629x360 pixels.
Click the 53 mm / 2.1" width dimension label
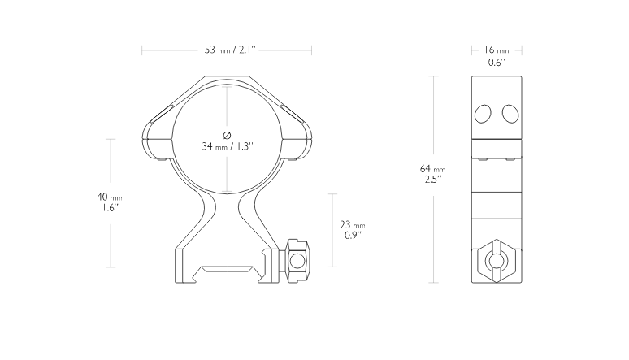pos(230,50)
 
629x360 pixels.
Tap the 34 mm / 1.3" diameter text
pos(228,146)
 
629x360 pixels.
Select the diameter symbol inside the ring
pos(227,135)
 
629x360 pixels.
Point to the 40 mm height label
pos(110,197)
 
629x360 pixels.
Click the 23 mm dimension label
pos(352,225)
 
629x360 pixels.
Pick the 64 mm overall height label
pos(432,169)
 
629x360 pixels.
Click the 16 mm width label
pos(497,50)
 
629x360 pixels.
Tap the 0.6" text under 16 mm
pos(497,63)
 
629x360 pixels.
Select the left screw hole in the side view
pos(483,114)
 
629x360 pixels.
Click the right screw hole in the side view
pos(510,114)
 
